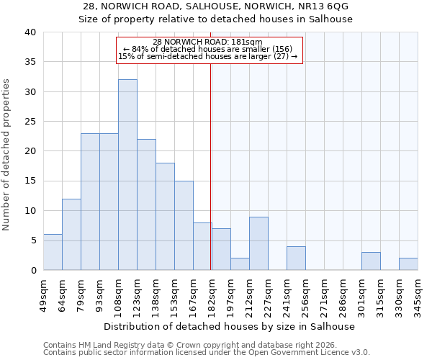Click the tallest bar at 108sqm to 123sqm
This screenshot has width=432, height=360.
pos(127,175)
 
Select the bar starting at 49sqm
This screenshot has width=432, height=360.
pos(53,252)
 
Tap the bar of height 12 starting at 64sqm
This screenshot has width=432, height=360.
pos(71,235)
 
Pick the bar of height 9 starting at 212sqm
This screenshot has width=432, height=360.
pos(258,243)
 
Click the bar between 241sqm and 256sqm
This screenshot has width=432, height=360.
pos(296,258)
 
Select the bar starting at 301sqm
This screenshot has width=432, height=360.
pos(371,261)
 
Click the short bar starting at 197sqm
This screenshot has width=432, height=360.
pos(240,264)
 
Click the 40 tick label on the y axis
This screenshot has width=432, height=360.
pos(30,32)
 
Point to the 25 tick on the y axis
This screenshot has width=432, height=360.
pos(30,122)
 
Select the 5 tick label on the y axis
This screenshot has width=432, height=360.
pos(32,240)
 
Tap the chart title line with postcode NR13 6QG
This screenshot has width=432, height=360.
pos(215,6)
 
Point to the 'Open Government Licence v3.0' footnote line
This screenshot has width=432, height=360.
pos(207,352)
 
